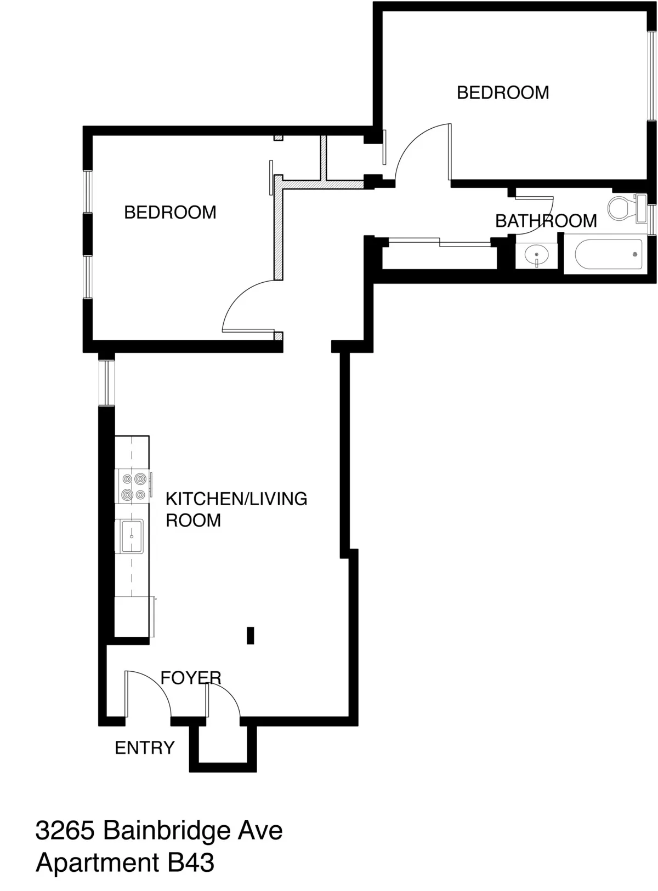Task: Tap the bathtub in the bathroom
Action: (609, 255)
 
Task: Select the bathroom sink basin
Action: (536, 255)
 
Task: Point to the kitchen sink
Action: (131, 536)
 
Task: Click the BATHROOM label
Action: (546, 221)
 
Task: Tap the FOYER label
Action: (191, 678)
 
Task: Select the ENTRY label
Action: (145, 747)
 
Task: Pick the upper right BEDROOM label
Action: (503, 93)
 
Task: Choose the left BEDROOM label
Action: (170, 212)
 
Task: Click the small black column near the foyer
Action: (251, 635)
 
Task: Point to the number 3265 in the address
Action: (64, 831)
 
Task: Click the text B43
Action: (191, 863)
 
